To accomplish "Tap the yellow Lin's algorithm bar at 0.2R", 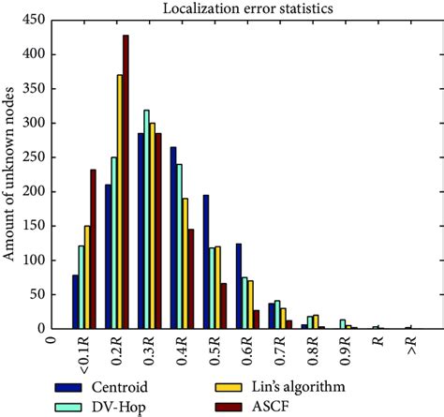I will tap(120, 201).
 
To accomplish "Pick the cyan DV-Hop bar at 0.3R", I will tap(146, 219).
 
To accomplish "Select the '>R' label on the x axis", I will tap(412, 346).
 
